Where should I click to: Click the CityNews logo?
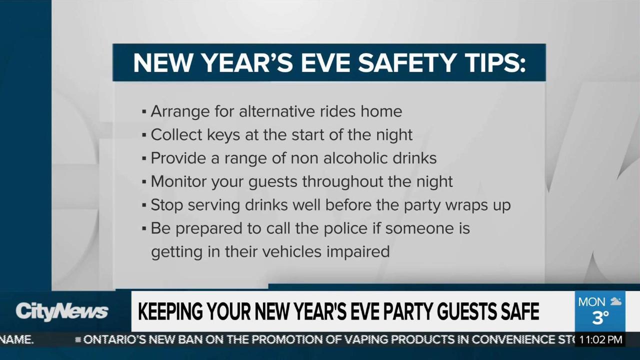[61, 311]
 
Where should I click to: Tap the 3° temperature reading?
[600, 317]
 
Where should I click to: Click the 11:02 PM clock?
[601, 340]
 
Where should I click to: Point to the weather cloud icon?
[615, 301]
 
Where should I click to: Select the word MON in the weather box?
[591, 302]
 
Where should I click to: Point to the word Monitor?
[178, 181]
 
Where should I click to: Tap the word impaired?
[358, 251]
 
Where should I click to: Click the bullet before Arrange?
[144, 111]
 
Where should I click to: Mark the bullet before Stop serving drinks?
[144, 205]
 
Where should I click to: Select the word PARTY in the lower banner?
[402, 312]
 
